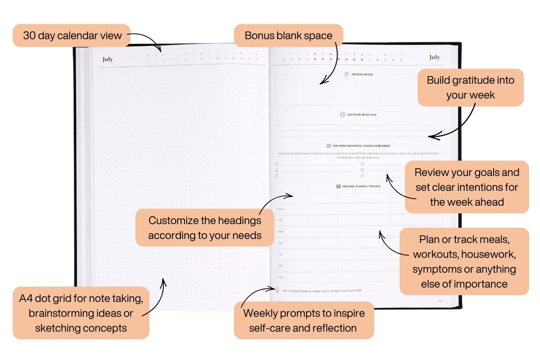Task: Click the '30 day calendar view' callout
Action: tap(72, 36)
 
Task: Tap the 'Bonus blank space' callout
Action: tap(288, 36)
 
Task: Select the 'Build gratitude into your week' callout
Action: tap(470, 87)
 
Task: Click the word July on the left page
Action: tap(108, 59)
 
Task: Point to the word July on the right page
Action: tap(434, 57)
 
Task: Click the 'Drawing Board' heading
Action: tap(362, 74)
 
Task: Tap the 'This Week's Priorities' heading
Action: tap(361, 146)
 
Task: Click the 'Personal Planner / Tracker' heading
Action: tap(361, 186)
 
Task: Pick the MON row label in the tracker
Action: tap(280, 209)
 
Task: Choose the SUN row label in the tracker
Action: tap(280, 277)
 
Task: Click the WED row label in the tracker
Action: tap(280, 232)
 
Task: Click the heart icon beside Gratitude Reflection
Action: tap(342, 115)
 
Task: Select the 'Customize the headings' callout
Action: tap(205, 228)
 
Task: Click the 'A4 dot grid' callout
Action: tap(81, 313)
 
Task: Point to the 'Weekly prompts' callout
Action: tap(304, 320)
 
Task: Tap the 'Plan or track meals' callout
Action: tap(464, 261)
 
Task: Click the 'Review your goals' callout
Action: tap(467, 187)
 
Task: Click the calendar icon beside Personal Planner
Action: tap(338, 186)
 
